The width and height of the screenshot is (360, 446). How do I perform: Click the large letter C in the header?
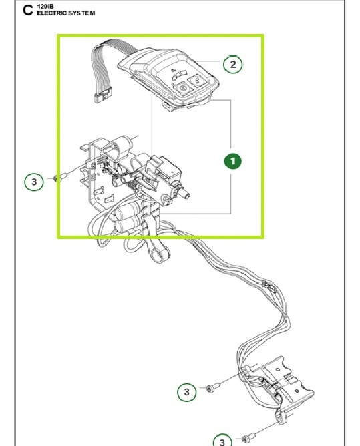pos(27,11)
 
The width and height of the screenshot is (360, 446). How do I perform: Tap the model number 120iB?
pos(45,6)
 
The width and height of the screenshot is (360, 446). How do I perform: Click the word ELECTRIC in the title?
pos(51,13)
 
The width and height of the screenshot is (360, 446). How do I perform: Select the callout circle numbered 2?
pos(233,65)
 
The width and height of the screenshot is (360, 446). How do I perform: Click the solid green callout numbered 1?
pos(233,161)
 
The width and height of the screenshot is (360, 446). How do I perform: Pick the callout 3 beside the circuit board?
pos(34,182)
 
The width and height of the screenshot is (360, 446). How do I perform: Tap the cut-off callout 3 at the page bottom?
pos(222,440)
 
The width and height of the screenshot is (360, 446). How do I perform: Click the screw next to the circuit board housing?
pos(60,178)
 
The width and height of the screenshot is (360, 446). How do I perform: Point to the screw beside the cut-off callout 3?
pos(248,437)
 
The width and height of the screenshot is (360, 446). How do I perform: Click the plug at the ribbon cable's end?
pos(103,95)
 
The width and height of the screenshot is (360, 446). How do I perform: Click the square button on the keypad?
pos(197,81)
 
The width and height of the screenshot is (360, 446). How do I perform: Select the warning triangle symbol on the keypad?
pos(172,71)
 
